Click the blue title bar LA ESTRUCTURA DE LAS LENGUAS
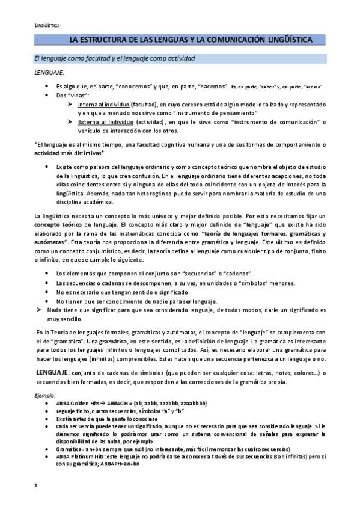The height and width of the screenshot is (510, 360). (191, 40)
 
